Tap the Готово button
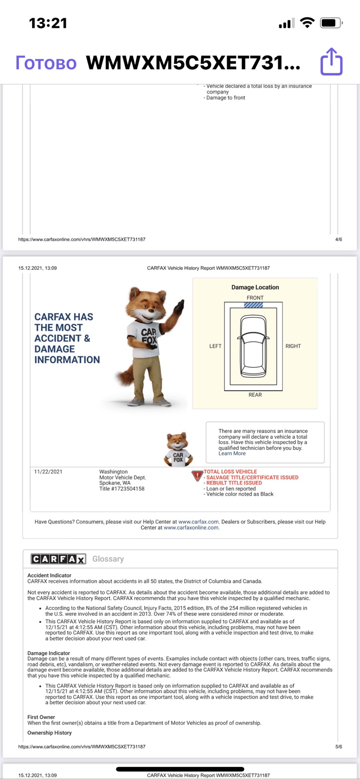pos(46,63)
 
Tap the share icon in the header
pos(331,61)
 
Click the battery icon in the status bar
pos(331,23)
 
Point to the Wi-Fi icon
pos(307,22)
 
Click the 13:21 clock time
pos(48,23)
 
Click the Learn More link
pos(232,453)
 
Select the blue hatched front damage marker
pos(253,305)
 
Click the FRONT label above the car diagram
pos(255,297)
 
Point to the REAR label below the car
pos(255,395)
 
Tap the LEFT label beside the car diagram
pos(215,346)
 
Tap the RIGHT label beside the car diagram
pos(293,346)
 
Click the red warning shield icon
pos(197,475)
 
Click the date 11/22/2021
pos(48,472)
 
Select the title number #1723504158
pos(128,489)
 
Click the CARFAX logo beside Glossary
pos(58,559)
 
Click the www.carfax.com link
pos(198,521)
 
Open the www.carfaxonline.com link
pos(191,528)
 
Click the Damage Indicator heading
pos(49,653)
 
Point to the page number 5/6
pos(339,747)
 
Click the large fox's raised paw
pos(179,306)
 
